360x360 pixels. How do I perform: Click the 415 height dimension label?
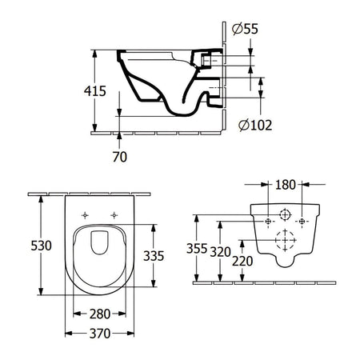[x=95, y=91]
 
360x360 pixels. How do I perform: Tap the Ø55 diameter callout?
[x=245, y=29]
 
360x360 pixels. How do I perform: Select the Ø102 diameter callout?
[x=255, y=125]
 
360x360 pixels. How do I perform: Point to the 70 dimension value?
[x=119, y=157]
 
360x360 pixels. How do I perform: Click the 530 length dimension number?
[x=41, y=246]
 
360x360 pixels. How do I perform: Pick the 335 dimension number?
[x=154, y=256]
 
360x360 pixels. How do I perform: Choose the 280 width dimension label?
[x=100, y=314]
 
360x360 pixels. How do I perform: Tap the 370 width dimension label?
[x=100, y=334]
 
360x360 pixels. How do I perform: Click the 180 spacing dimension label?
[x=285, y=185]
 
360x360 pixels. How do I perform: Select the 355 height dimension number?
[x=197, y=249]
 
